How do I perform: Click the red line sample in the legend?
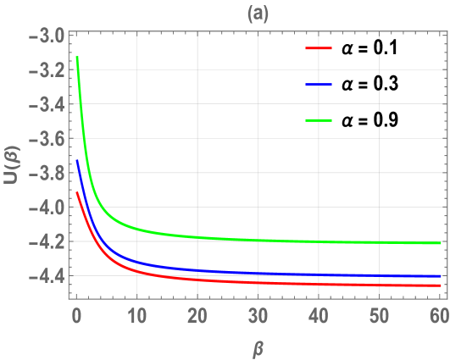pos(318,49)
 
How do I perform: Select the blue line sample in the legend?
pos(318,85)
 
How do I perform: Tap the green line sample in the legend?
pos(318,120)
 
